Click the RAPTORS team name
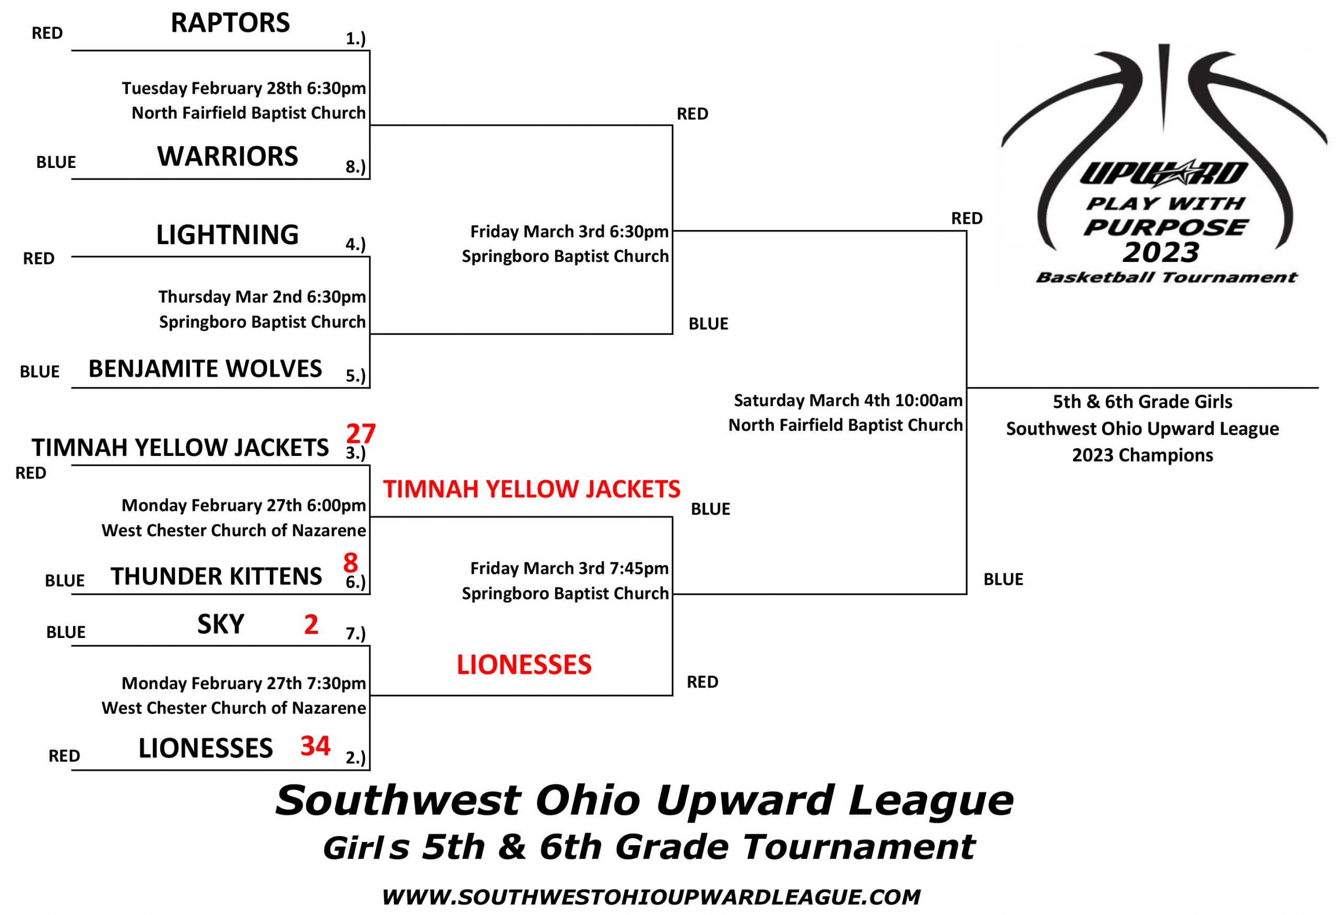230,23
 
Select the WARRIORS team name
228,156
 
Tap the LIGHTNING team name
228,235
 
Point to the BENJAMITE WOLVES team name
205,369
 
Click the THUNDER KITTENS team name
216,576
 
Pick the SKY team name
221,624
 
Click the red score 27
361,434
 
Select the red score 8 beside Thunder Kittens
351,563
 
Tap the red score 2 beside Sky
311,624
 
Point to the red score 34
315,746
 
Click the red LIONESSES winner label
524,665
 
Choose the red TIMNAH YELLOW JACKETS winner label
532,489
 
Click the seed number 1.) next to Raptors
355,39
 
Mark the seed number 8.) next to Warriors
355,167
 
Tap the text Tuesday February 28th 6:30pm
244,89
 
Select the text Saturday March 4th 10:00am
848,401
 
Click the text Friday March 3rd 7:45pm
570,569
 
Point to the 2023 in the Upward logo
1161,252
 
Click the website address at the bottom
651,897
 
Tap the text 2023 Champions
1142,455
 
